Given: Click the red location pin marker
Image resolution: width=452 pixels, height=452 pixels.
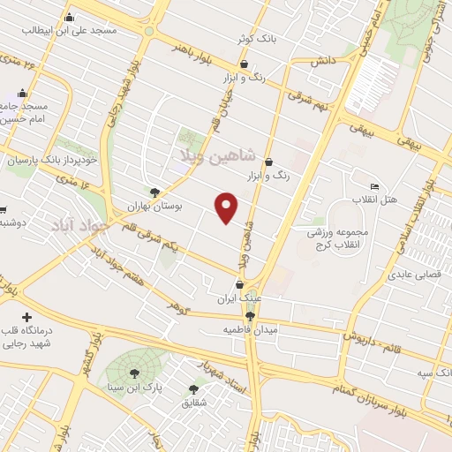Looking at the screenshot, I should tap(227, 207).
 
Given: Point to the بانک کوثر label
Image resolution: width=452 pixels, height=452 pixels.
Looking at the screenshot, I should tap(251, 39).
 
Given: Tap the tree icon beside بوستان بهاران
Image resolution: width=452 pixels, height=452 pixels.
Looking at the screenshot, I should tap(155, 192).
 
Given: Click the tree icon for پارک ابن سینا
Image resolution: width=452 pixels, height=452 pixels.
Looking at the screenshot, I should tap(135, 373).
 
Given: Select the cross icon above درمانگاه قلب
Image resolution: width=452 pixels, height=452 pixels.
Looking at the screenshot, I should tap(26, 317).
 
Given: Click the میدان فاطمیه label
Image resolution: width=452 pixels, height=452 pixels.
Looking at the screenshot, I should tap(250, 329).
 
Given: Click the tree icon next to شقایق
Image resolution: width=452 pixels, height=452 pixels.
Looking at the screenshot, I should tap(193, 388).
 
